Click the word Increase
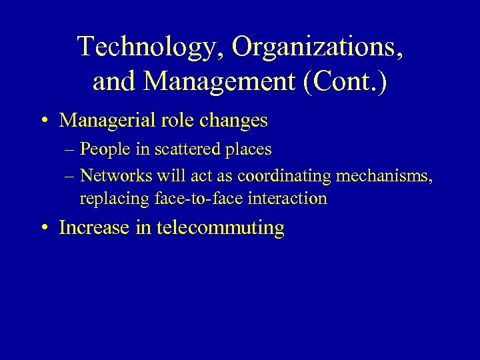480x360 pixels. pyautogui.click(x=93, y=227)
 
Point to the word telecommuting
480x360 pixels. pyautogui.click(x=221, y=228)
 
